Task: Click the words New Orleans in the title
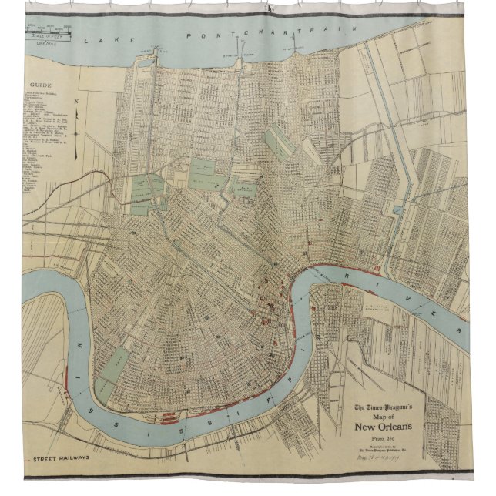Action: pyautogui.click(x=383, y=428)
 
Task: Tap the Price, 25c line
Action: pyautogui.click(x=383, y=440)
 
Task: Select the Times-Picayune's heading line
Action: pyautogui.click(x=382, y=407)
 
